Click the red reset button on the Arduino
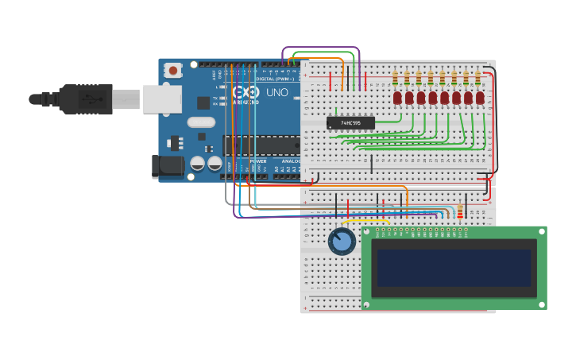point(173,71)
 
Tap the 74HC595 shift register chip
point(350,123)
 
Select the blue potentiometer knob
point(342,242)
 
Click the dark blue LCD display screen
point(454,269)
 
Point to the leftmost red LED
point(397,98)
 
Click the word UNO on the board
point(276,93)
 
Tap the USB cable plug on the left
point(83,99)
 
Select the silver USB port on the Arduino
point(162,99)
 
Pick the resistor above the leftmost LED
point(395,78)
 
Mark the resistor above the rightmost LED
point(477,78)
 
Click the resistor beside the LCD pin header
point(460,211)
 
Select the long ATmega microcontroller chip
point(262,145)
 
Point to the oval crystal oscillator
point(201,122)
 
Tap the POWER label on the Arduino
point(259,161)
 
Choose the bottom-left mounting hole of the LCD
point(368,304)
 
